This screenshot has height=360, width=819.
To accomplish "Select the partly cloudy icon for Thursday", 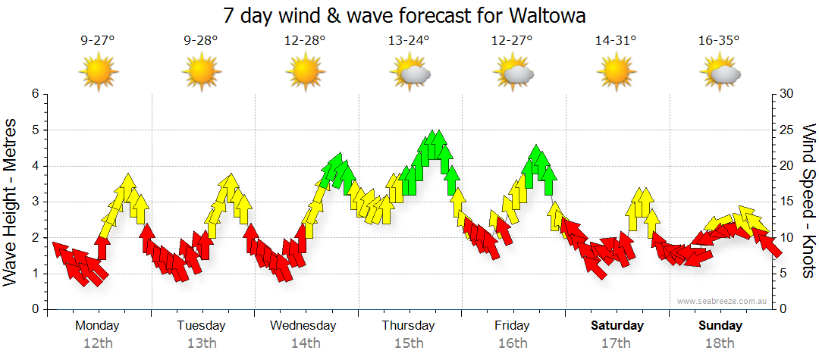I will tap(409, 73).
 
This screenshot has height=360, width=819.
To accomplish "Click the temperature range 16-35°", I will tap(719, 41).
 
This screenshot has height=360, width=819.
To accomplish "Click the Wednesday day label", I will tap(303, 326).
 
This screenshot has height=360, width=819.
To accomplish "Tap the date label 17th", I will tap(617, 343).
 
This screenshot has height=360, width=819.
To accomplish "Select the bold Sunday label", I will tap(720, 326).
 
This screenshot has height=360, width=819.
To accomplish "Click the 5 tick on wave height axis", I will tap(34, 130).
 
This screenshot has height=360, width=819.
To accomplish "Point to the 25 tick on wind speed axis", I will tap(787, 130).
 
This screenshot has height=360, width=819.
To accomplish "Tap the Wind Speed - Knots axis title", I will tap(808, 202).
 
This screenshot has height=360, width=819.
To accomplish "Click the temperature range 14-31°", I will tap(616, 41).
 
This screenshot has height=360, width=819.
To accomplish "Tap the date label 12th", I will tap(98, 343).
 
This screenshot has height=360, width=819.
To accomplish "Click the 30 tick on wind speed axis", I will tap(787, 94).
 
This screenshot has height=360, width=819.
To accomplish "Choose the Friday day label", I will tap(513, 326).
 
